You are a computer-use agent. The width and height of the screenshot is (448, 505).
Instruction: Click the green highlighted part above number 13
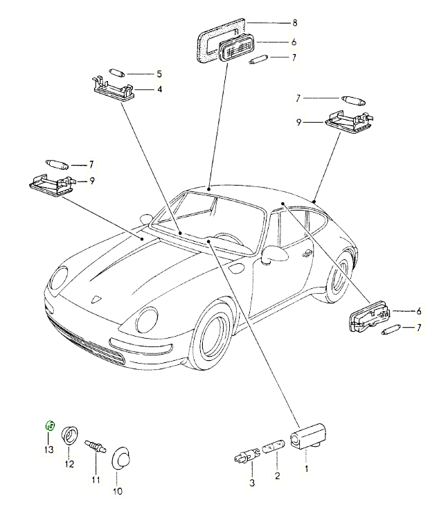tap(50, 425)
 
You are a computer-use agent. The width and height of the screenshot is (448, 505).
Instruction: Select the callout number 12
tap(69, 464)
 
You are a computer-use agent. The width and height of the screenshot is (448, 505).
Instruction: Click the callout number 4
tap(159, 89)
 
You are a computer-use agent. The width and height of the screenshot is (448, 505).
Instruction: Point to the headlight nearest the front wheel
tap(148, 319)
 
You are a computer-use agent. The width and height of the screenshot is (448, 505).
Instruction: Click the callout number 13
tap(48, 450)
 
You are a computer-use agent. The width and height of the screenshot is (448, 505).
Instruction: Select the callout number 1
tap(305, 468)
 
